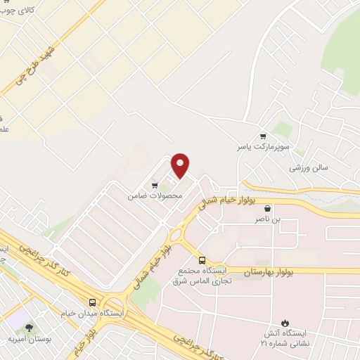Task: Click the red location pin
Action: tap(181, 165)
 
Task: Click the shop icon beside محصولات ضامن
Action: tap(155, 186)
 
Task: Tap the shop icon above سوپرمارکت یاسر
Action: tap(263, 136)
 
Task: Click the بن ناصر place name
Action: tap(267, 220)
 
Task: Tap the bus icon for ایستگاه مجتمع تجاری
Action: tap(202, 259)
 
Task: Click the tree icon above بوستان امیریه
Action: tap(29, 327)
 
